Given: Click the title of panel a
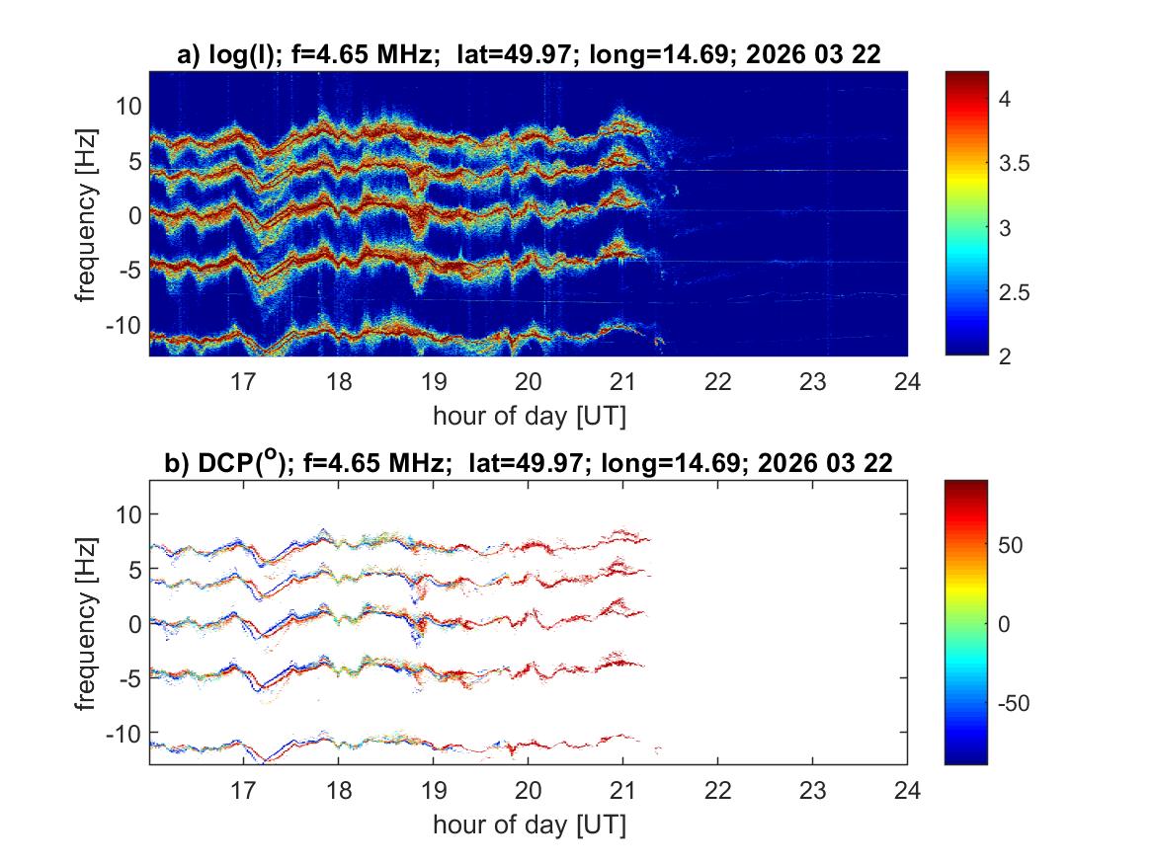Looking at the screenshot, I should pyautogui.click(x=528, y=56).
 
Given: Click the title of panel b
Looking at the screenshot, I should pyautogui.click(x=528, y=462).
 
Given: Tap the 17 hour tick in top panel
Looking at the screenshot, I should pyautogui.click(x=243, y=382).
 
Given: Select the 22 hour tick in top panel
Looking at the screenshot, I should pyautogui.click(x=717, y=382).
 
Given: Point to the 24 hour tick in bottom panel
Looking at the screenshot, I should pyautogui.click(x=907, y=791).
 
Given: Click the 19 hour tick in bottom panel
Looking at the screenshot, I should pyautogui.click(x=433, y=791).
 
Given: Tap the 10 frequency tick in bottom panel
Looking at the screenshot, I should pyautogui.click(x=127, y=514).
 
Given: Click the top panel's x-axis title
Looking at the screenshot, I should pyautogui.click(x=528, y=415).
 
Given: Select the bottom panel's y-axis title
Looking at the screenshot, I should pyautogui.click(x=87, y=623).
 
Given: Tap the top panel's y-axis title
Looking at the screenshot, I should pyautogui.click(x=87, y=214).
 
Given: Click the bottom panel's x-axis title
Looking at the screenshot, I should pyautogui.click(x=528, y=824).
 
